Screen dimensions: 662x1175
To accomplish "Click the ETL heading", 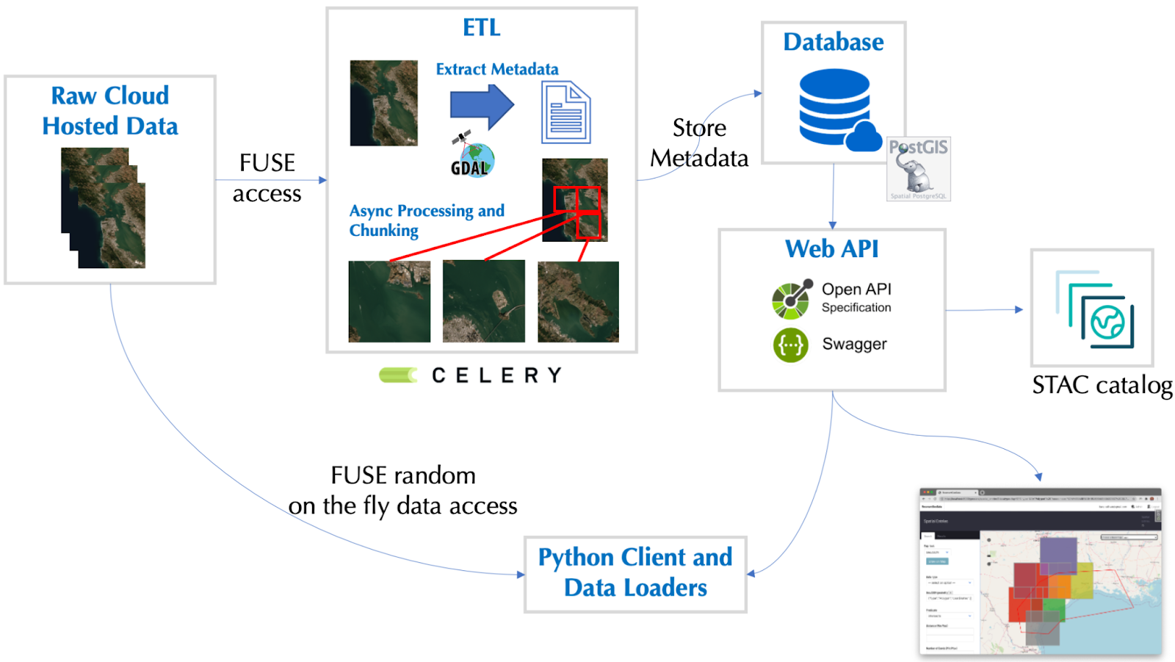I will pos(482,28).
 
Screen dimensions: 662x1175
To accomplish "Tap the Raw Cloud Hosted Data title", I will pos(110,111).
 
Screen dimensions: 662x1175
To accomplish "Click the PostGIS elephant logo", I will pos(918,169).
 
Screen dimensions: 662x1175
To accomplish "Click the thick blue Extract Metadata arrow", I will pos(482,106).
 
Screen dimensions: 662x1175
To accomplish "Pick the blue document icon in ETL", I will pos(565,112).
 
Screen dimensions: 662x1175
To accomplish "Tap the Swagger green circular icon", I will pos(790,345).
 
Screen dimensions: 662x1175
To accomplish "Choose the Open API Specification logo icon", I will pos(791,299).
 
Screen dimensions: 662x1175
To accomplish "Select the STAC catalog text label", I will pos(1102,386).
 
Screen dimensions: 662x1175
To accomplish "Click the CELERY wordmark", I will pos(496,375).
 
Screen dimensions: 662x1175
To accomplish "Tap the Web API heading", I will pos(831,249).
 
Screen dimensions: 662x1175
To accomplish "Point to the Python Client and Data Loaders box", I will pos(635,573).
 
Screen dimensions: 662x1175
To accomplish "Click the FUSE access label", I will pos(267,179).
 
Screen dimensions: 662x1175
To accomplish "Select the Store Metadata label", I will pos(699,143).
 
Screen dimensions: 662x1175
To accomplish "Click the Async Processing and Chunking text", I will pos(426,220).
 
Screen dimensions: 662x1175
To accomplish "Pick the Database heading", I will pos(834,42).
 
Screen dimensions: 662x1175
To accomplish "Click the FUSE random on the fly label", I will pos(403,490).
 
